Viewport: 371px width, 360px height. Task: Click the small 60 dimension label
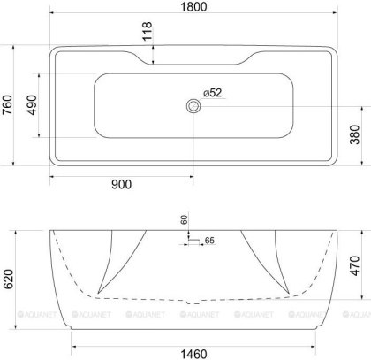click(x=185, y=219)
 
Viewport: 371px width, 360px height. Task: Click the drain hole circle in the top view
click(x=193, y=106)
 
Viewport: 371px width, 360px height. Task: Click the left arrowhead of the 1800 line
click(x=52, y=15)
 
